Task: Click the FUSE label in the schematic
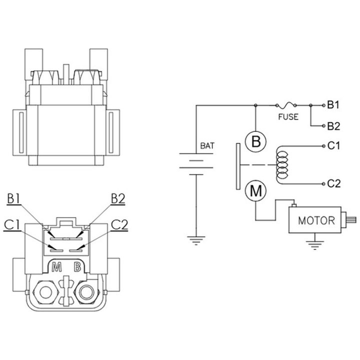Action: tap(288, 117)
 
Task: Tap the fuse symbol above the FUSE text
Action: tap(286, 105)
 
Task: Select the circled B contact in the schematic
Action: tap(256, 141)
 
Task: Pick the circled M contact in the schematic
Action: tap(256, 191)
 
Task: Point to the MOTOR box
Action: tap(315, 220)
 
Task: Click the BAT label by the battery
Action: tap(207, 146)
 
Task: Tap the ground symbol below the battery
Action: tap(196, 240)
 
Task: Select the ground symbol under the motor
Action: tap(315, 245)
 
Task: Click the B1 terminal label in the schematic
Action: tap(333, 105)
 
